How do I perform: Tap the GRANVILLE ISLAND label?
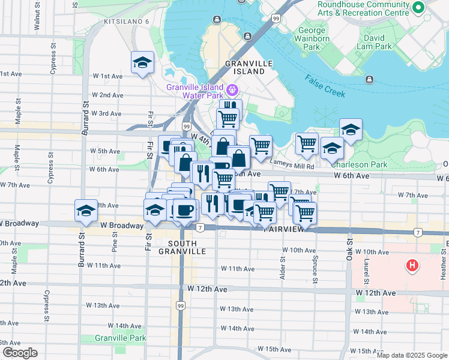[249, 67]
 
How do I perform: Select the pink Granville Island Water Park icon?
[232, 92]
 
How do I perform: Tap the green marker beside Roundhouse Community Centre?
[419, 7]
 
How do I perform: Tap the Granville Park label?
[129, 338]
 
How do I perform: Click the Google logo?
[20, 353]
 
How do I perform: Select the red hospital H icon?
[412, 265]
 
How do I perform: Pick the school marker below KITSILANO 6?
[142, 63]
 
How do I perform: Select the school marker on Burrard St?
[86, 211]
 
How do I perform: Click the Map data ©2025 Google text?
[411, 355]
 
